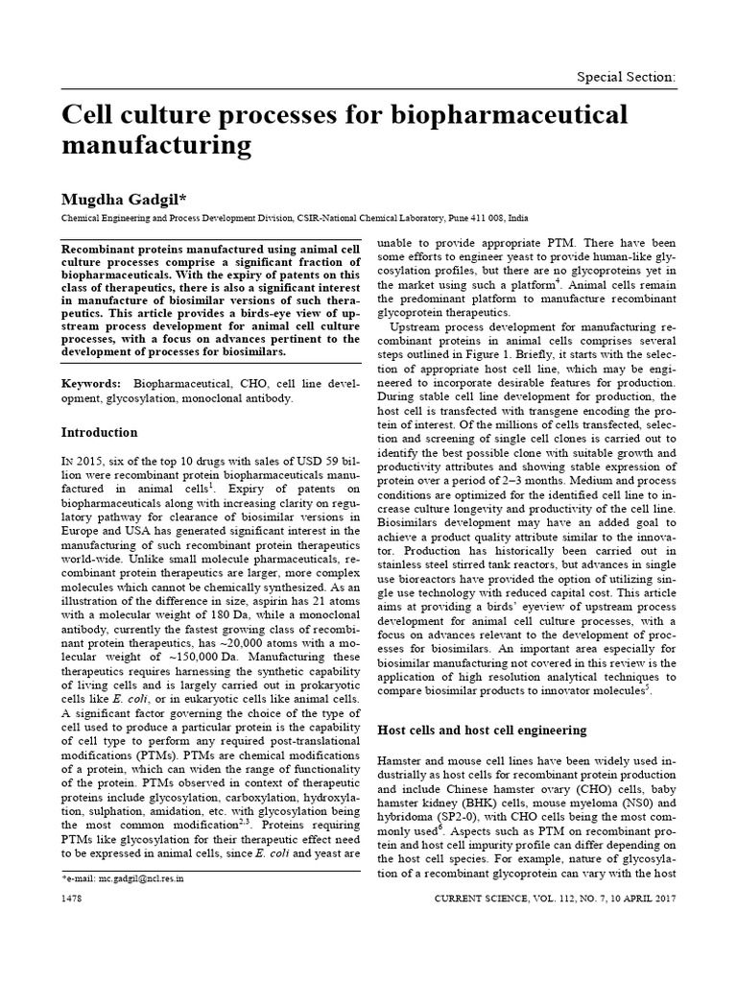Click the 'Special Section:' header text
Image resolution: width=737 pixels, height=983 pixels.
(x=625, y=76)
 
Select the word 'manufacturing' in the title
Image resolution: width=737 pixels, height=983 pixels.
(x=155, y=146)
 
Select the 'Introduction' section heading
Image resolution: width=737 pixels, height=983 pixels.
(x=99, y=432)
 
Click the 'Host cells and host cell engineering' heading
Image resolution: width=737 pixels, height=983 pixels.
(x=482, y=730)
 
